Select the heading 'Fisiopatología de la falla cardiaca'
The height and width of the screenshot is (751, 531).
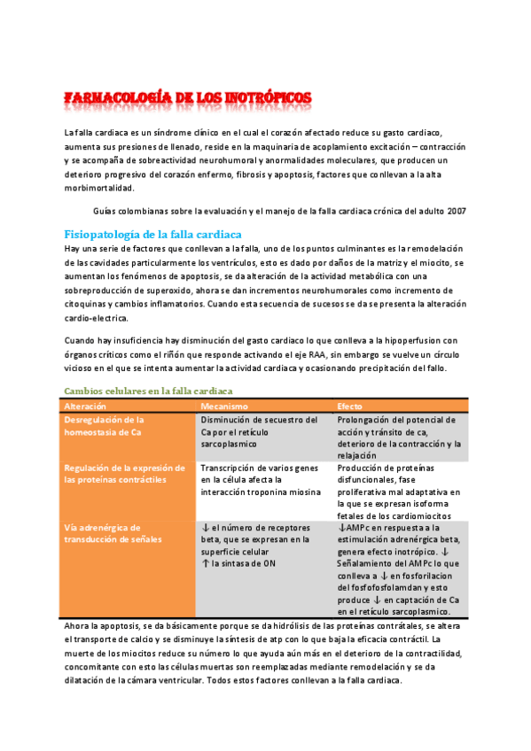(152, 234)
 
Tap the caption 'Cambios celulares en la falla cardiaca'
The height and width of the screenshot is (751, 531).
(149, 391)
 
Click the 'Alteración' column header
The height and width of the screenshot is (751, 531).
(86, 406)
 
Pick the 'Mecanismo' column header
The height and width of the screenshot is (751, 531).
(225, 406)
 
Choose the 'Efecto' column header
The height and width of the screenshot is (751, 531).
(350, 406)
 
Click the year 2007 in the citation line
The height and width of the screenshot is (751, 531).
(456, 212)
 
